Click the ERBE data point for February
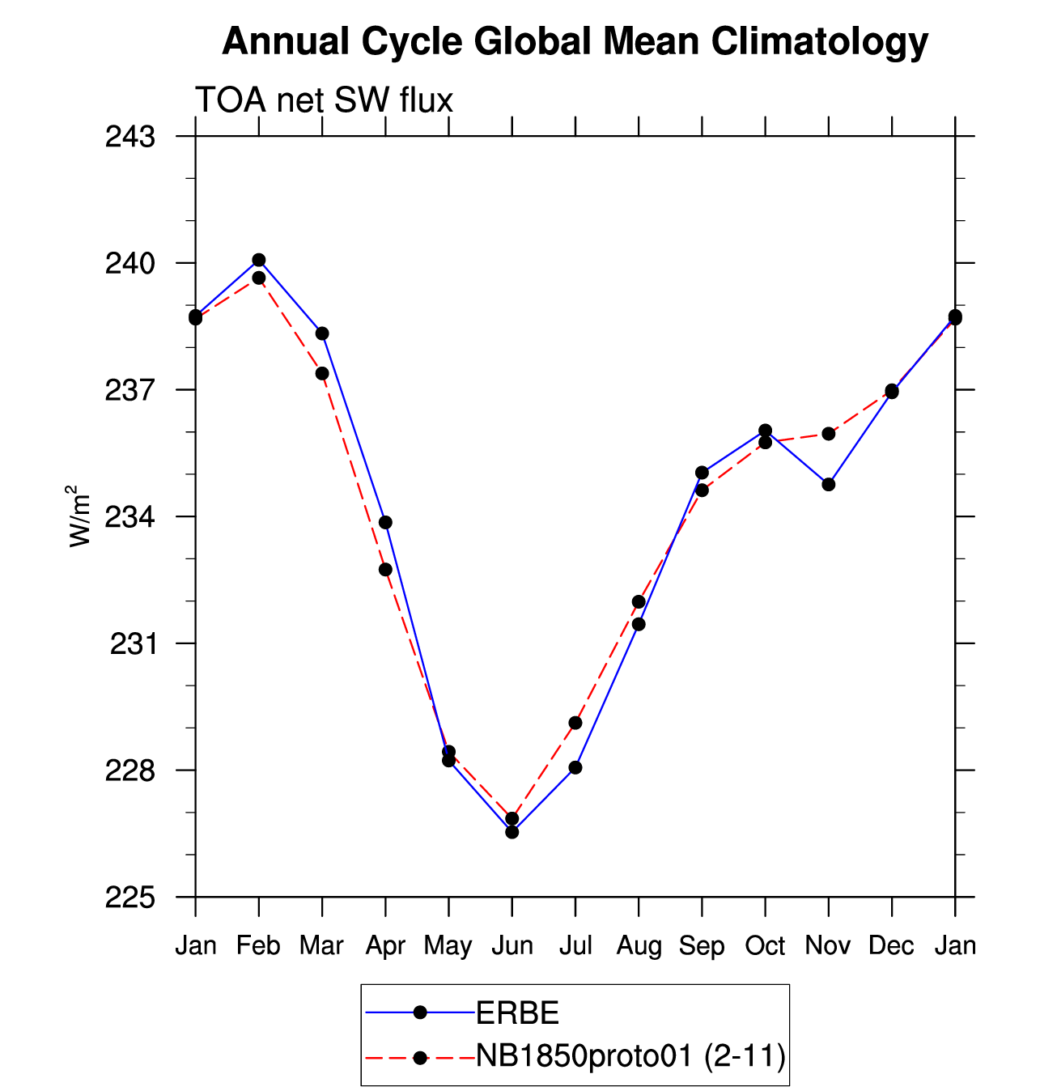[259, 260]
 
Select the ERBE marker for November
[828, 484]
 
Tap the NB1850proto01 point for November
[828, 434]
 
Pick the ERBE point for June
[512, 832]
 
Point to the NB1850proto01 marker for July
[575, 723]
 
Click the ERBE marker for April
[385, 522]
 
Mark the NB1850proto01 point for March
[322, 373]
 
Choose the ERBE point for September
[702, 473]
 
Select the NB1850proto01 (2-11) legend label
[630, 1055]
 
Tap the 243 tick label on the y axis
[129, 137]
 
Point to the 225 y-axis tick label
[129, 898]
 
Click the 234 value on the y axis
[129, 516]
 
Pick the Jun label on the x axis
[512, 945]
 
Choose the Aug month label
[639, 945]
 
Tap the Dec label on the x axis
[891, 945]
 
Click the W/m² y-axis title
[79, 516]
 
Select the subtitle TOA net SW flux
[324, 100]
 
